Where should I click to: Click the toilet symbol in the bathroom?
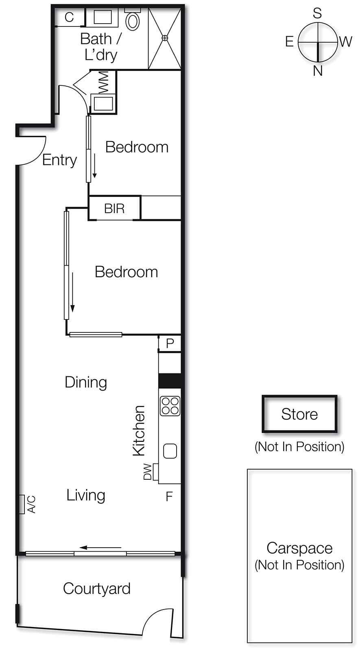133,20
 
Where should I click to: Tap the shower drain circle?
165,38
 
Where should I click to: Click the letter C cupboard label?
69,17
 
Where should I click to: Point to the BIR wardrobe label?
114,209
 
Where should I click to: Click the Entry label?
59,160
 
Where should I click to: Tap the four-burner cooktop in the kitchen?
170,406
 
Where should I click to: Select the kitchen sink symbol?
170,451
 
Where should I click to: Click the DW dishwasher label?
147,472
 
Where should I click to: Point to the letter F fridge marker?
169,496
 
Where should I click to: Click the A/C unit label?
31,505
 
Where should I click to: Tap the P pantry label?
170,344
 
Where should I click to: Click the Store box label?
299,414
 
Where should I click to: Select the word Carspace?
299,548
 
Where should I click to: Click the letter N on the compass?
318,71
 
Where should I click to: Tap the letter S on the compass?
317,13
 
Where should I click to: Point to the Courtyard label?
97,589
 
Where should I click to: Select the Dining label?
86,382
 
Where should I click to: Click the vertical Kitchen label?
139,430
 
